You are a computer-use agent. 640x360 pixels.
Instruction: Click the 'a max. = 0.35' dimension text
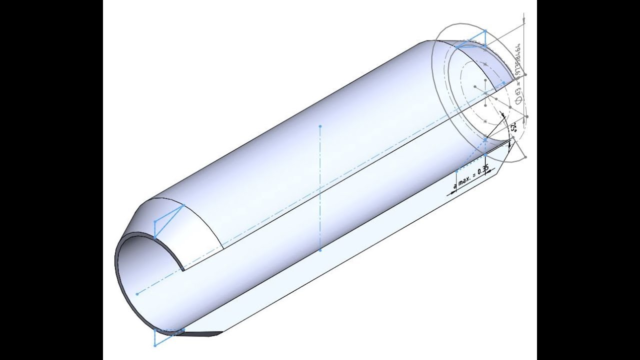pos(471,178)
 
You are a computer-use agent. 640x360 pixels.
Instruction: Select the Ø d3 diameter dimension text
pos(518,95)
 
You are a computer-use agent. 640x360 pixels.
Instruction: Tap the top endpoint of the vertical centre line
pos(320,126)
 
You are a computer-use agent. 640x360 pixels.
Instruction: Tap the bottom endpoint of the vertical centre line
pos(320,249)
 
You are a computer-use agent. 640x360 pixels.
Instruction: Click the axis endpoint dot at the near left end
pos(137,294)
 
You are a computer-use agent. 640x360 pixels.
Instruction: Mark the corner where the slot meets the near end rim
pos(184,270)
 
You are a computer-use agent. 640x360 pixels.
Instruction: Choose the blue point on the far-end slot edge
pos(485,141)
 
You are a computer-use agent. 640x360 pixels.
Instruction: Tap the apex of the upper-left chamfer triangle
pos(183,205)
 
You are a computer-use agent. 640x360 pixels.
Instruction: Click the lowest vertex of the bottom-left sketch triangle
pos(155,345)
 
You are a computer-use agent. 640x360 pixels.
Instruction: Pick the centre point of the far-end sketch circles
pos(485,93)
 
